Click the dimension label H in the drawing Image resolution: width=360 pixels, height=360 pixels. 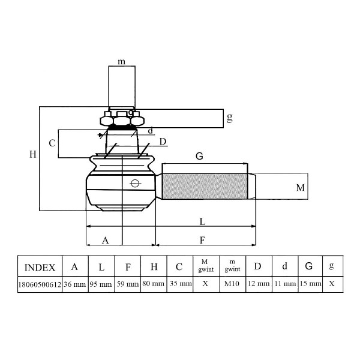(x=33, y=154)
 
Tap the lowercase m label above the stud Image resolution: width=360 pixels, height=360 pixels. (x=121, y=62)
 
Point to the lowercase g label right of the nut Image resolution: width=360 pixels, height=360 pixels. (x=230, y=118)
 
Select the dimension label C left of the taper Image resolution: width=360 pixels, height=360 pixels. (x=52, y=143)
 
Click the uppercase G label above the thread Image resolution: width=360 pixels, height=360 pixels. (x=199, y=156)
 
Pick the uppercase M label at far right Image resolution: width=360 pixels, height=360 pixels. (x=301, y=188)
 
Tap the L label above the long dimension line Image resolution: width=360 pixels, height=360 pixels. (x=202, y=221)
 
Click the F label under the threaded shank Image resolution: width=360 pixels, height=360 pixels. (x=202, y=240)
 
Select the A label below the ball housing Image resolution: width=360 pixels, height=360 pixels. (x=105, y=241)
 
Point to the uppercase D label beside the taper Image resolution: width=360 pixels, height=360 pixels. (x=163, y=142)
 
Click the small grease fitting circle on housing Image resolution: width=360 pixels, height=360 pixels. (x=135, y=183)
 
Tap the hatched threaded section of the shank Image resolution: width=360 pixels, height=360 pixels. (x=205, y=186)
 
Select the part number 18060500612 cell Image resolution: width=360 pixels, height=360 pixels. (x=40, y=284)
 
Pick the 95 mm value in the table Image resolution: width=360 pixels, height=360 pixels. (x=101, y=284)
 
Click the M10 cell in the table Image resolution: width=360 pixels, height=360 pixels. (x=232, y=284)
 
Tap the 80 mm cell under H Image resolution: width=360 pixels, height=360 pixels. (x=154, y=284)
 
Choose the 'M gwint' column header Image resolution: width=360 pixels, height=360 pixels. (x=206, y=266)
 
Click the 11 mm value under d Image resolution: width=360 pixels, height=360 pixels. (x=285, y=284)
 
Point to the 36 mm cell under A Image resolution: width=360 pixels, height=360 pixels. (x=75, y=284)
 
